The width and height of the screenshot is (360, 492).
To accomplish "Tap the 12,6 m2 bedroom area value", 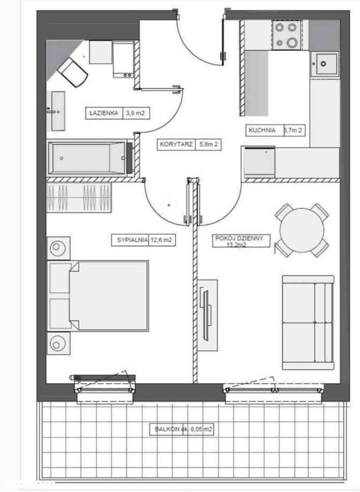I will click(164, 240).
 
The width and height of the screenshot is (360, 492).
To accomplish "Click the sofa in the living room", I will click(307, 322).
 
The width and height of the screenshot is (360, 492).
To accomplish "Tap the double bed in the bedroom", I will click(98, 295).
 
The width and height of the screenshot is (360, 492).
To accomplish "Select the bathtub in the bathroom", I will click(89, 158).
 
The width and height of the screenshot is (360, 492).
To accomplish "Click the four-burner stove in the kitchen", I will click(286, 35).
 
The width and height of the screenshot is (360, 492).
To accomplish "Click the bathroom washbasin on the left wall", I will click(58, 111).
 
